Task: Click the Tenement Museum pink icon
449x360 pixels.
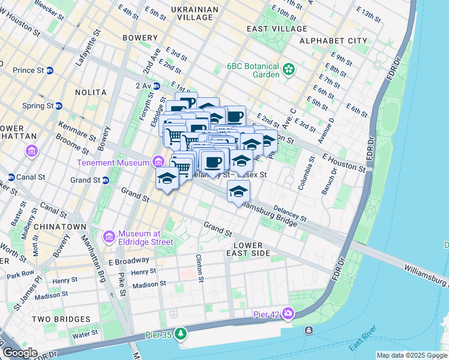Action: [158, 161]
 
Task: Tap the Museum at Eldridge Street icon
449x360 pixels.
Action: [109, 236]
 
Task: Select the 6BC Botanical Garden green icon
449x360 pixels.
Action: [289, 70]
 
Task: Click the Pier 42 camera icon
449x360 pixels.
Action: [288, 313]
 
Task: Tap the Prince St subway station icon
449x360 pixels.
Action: [50, 70]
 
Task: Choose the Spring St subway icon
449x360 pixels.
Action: [59, 106]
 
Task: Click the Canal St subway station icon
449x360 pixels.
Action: [11, 177]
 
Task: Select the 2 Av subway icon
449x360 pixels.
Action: [157, 86]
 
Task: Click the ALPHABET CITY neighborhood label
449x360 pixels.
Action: [333, 41]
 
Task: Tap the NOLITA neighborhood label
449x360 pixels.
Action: [91, 92]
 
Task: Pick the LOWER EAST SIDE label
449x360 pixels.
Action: [248, 250]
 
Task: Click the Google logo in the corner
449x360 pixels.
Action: [20, 353]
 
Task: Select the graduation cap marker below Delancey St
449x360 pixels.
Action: [238, 192]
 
